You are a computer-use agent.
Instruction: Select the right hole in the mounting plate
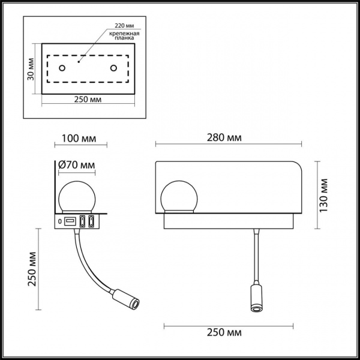tap(112, 70)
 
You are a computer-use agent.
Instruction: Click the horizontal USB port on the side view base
tap(70, 222)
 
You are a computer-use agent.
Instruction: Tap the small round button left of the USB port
tap(59, 222)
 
